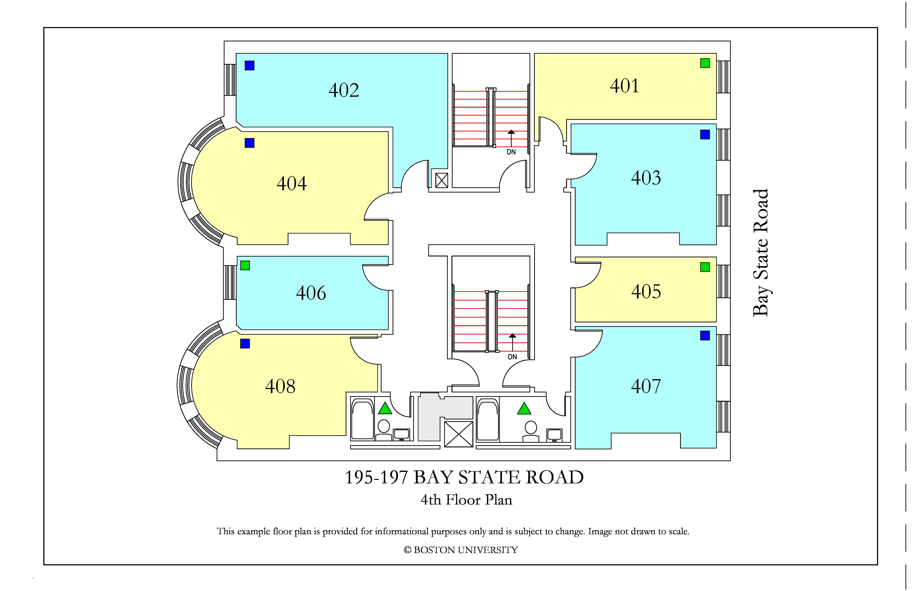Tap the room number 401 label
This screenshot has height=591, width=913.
point(625,86)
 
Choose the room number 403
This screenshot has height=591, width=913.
point(646,178)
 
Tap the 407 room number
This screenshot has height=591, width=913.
point(646,386)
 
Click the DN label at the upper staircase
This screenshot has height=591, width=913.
point(511,152)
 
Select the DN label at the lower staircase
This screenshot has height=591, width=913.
point(513,357)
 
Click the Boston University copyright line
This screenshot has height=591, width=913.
point(461,550)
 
